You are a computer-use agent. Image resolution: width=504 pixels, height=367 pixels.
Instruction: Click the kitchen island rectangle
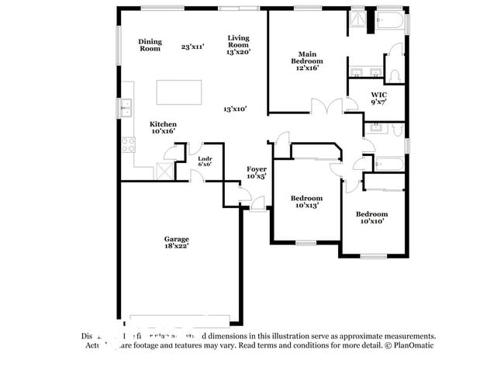coord(180,92)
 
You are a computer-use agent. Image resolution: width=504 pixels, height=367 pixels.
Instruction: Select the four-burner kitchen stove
coord(128,146)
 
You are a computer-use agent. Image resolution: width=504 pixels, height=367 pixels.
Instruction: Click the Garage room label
coord(176,242)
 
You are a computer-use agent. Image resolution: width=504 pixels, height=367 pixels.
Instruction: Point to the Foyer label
coord(257,172)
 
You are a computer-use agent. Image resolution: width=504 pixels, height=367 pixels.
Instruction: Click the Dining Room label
coord(150,44)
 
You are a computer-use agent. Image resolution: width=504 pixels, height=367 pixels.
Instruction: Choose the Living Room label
coord(238,44)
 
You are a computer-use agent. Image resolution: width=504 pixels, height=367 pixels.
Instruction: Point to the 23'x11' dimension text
coord(192,47)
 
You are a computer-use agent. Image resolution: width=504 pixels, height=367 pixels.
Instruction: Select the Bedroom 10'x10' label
coord(371,217)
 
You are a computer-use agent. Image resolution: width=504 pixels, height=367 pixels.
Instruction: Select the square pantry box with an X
coord(164,171)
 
